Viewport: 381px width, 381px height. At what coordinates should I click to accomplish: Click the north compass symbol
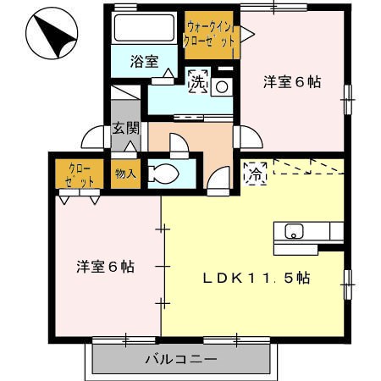52,33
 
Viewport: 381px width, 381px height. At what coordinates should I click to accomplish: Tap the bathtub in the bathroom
144,28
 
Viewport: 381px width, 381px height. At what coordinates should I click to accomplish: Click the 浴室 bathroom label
144,61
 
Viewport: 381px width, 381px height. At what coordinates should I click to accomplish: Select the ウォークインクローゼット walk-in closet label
209,35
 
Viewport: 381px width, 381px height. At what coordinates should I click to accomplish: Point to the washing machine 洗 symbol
198,82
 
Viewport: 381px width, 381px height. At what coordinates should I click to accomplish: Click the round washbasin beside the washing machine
222,87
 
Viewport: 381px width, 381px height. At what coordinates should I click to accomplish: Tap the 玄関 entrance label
126,129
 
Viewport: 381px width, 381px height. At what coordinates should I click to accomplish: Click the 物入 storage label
125,174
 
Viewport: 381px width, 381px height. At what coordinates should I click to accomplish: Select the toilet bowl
163,173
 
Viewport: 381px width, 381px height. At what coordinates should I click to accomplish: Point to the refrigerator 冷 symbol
256,174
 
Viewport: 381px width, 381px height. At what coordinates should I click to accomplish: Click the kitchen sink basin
294,231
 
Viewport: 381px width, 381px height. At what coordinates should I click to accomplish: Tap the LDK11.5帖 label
257,279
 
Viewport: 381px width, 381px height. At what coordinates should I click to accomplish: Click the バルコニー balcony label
181,359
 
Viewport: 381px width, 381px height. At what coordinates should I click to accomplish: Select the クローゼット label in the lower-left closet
80,175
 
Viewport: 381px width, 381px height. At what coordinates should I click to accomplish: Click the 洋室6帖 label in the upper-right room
292,82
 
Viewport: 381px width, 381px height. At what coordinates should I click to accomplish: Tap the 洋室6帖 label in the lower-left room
106,267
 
